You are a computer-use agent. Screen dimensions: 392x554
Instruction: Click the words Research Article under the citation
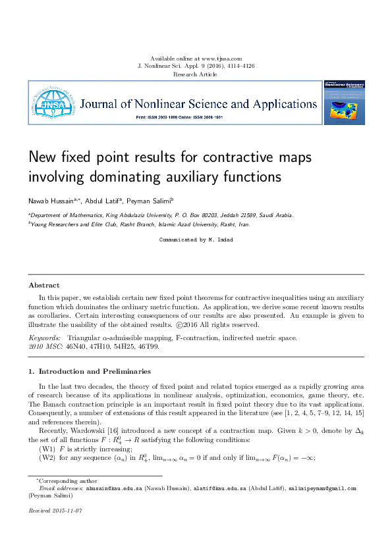(195, 75)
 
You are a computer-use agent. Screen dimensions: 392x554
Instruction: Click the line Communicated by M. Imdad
(196, 240)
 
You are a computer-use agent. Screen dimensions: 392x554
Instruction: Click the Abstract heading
(43, 285)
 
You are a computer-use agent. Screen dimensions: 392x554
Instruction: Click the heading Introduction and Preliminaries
(94, 372)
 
